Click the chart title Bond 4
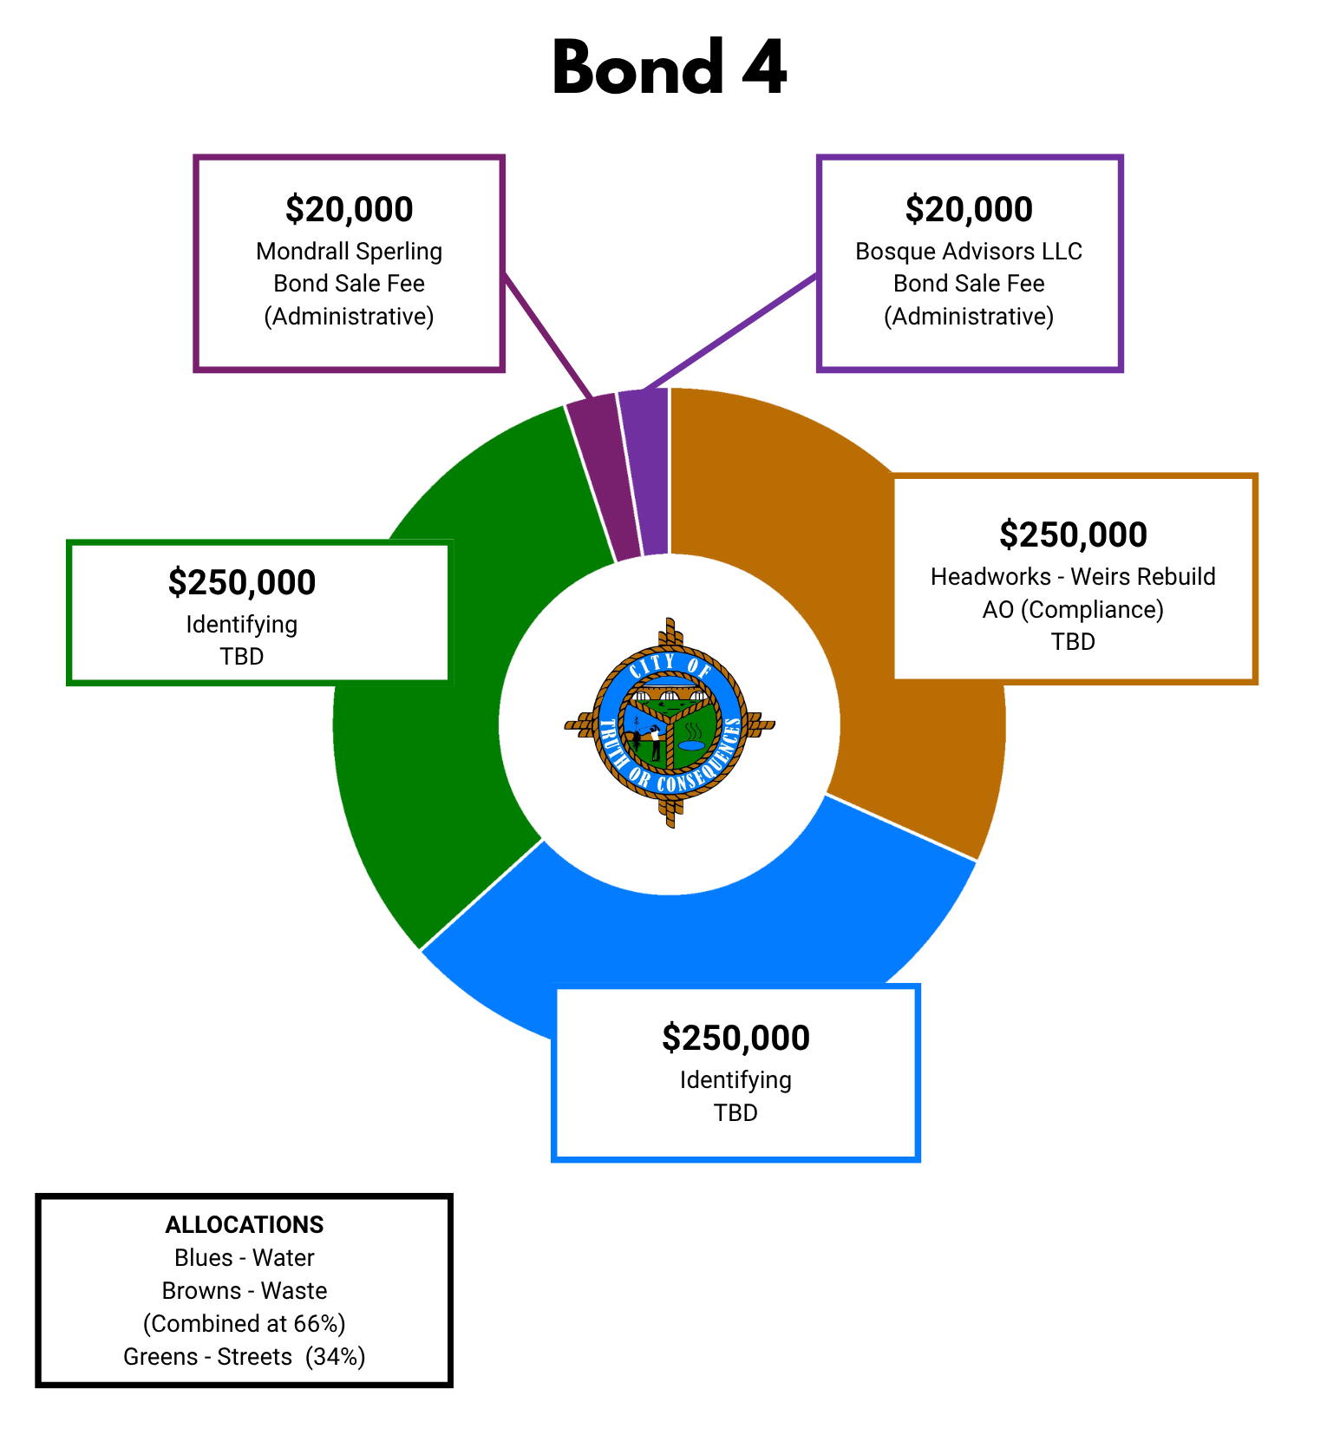point(670,68)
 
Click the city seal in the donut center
point(670,723)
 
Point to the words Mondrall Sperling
point(349,252)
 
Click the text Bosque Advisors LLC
point(969,252)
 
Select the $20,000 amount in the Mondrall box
point(349,209)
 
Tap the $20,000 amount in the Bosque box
point(969,209)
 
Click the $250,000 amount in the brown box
point(1073,534)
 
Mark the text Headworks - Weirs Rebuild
point(1073,577)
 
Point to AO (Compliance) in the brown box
point(1073,610)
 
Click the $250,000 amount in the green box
point(242,582)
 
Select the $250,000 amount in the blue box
point(735,1038)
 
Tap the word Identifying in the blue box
point(735,1080)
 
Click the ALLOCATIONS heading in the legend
point(245,1225)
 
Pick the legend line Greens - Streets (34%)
point(245,1357)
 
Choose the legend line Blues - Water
point(245,1258)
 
